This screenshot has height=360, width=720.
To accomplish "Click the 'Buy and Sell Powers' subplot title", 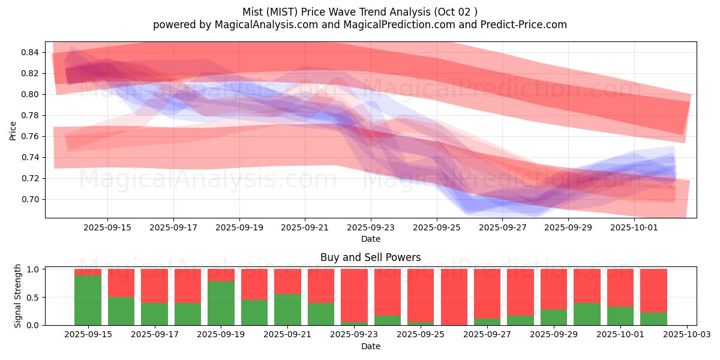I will click(x=370, y=257).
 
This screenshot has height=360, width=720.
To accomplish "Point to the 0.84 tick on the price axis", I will click(x=29, y=52).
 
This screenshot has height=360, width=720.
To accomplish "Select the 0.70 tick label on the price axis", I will click(x=29, y=199).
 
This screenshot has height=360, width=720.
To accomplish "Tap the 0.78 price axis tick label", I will click(x=29, y=115).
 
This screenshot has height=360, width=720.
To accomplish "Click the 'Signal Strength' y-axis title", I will click(x=18, y=296).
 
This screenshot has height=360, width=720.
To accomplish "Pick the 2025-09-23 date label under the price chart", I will click(x=371, y=228).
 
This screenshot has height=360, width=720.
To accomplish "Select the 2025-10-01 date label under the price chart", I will click(x=634, y=228).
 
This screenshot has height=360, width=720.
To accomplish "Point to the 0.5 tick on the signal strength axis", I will click(x=34, y=297).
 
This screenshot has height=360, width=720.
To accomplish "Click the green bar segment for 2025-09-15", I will click(x=88, y=300).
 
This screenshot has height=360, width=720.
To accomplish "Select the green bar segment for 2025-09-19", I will click(x=221, y=303).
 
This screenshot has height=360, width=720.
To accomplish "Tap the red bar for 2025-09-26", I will click(x=454, y=297).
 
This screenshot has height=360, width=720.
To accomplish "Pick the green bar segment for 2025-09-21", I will click(x=287, y=310).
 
